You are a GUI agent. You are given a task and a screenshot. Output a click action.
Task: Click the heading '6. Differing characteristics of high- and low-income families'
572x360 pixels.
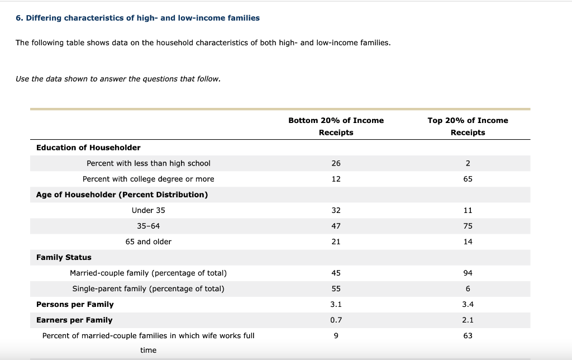tap(137, 18)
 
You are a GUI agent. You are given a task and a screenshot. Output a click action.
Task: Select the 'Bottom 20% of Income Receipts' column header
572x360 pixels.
tap(336, 126)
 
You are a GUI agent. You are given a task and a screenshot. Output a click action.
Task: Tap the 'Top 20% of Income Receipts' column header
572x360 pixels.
tap(468, 126)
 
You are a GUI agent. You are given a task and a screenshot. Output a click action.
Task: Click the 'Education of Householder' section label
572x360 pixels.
tap(88, 148)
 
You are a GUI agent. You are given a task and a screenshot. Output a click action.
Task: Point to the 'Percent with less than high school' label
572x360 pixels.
tap(149, 163)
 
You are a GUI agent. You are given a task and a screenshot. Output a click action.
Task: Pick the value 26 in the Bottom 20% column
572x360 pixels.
tap(336, 163)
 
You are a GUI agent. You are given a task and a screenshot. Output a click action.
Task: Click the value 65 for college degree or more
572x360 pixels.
tap(468, 179)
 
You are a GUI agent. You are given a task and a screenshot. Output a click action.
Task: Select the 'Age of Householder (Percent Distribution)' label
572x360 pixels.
tap(122, 195)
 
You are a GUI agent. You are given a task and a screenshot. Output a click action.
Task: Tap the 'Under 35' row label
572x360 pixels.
tap(149, 210)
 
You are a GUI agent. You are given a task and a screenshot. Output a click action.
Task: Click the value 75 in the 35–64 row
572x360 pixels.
tap(468, 226)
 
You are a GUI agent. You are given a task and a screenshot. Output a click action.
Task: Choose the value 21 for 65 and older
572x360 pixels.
tap(336, 241)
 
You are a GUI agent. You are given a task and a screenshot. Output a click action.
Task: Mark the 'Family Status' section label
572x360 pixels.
tap(64, 257)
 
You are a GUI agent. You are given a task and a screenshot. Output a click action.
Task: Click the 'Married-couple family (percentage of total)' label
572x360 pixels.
tap(149, 273)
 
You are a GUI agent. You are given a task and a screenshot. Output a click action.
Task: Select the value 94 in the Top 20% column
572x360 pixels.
tap(468, 273)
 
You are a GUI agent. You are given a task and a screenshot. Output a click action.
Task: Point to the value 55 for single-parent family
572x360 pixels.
tap(336, 288)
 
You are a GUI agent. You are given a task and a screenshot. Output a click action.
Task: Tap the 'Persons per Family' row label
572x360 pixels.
tap(75, 304)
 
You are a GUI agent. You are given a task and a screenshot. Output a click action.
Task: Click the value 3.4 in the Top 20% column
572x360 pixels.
tap(468, 304)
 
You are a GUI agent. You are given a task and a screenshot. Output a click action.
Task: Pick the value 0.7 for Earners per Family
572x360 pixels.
tap(336, 320)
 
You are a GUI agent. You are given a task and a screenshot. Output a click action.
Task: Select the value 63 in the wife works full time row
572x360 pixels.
tap(468, 335)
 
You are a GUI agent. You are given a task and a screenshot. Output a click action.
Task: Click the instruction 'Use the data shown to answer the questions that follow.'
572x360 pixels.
tap(118, 79)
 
